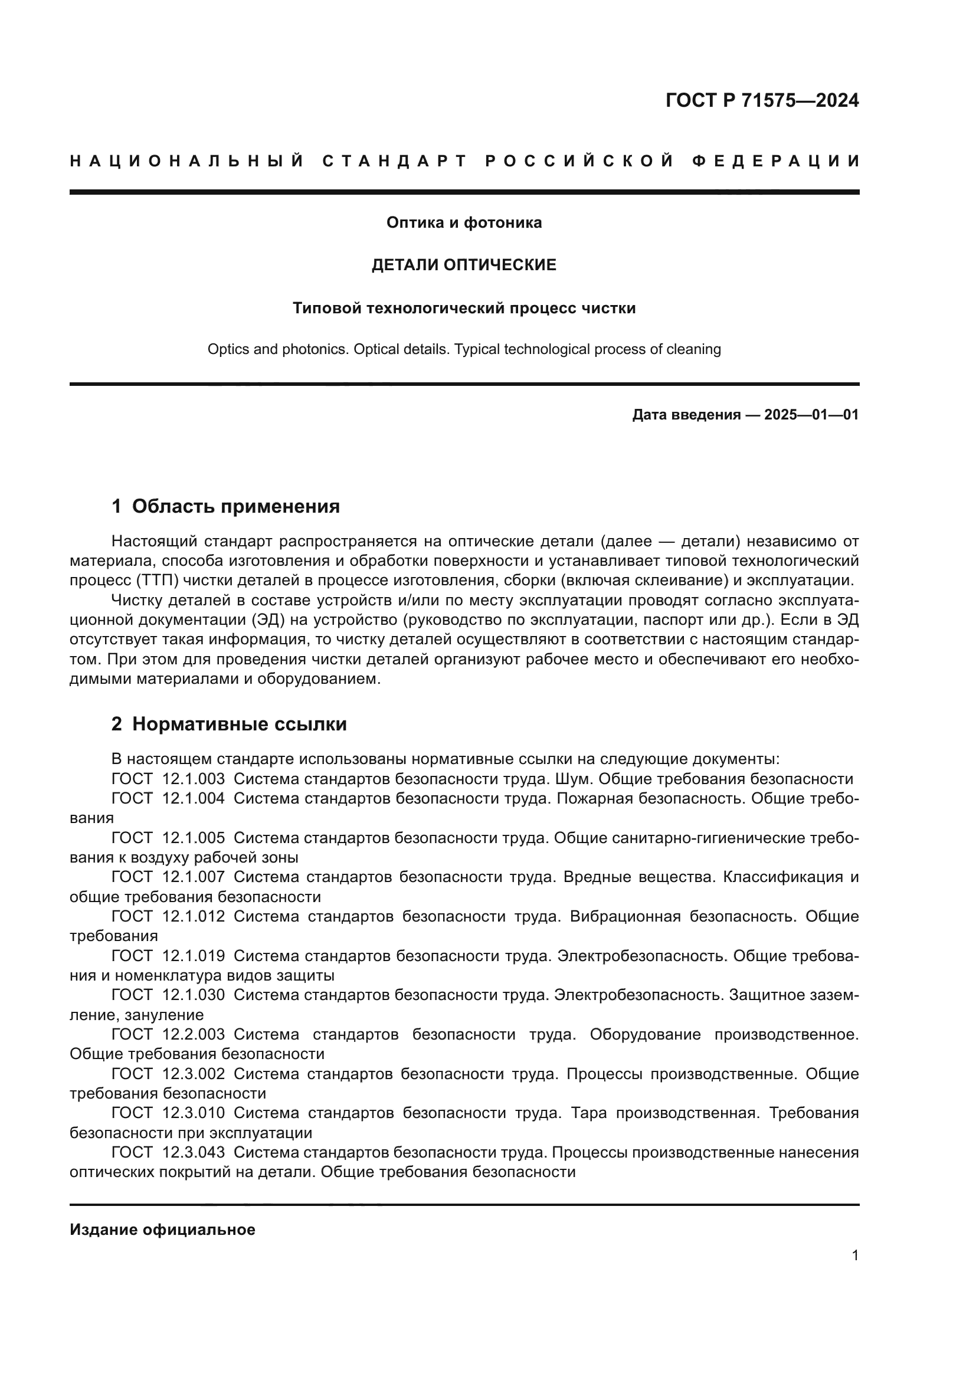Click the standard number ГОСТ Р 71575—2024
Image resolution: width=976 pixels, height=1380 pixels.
coord(762,100)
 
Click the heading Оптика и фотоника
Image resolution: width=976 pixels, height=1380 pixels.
coord(464,223)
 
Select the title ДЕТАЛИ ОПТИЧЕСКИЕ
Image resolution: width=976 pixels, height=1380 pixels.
coord(464,265)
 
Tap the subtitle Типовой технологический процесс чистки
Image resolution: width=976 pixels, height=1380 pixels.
coord(464,309)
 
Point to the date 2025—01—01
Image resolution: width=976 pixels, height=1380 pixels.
coord(811,415)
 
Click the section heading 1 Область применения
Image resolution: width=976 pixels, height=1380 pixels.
coord(226,507)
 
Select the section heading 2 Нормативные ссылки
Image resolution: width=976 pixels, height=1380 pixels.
coord(229,725)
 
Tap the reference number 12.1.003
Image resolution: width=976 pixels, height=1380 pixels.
coord(194,779)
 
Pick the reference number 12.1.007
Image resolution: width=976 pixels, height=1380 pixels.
coord(194,877)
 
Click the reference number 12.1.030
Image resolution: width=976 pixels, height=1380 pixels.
coord(194,995)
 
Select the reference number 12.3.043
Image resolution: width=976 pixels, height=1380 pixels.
coord(194,1152)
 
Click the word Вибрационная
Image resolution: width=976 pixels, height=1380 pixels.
coord(625,917)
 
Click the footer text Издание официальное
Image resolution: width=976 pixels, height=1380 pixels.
coord(162,1230)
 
